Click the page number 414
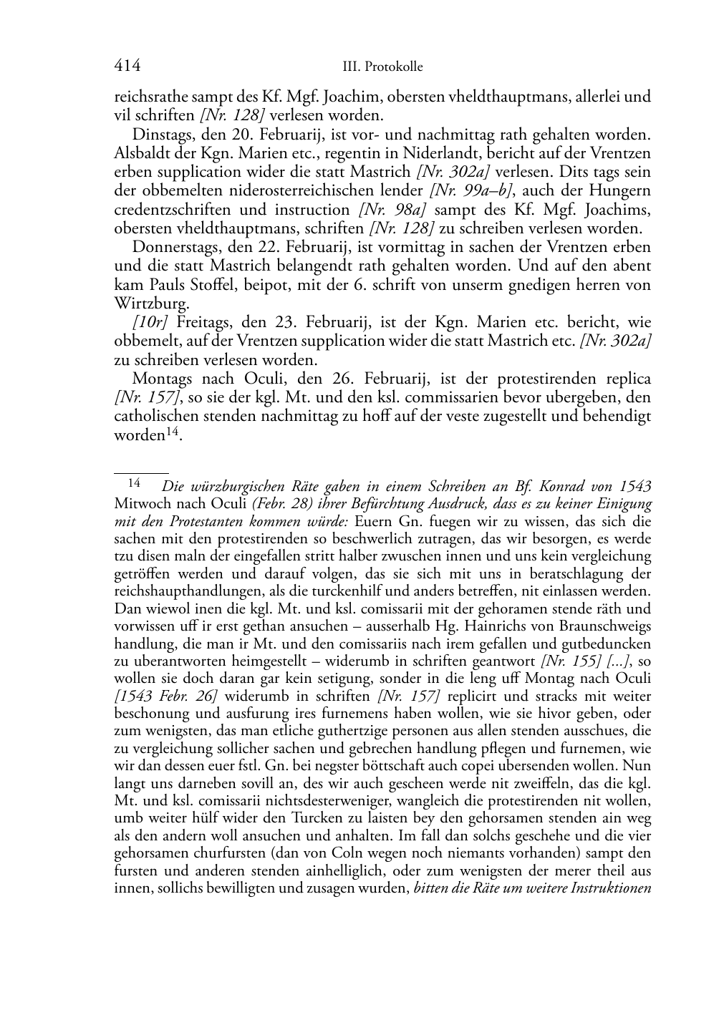[x=127, y=67]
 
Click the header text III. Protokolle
[x=383, y=67]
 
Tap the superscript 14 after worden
[x=173, y=432]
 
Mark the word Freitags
[x=203, y=323]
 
